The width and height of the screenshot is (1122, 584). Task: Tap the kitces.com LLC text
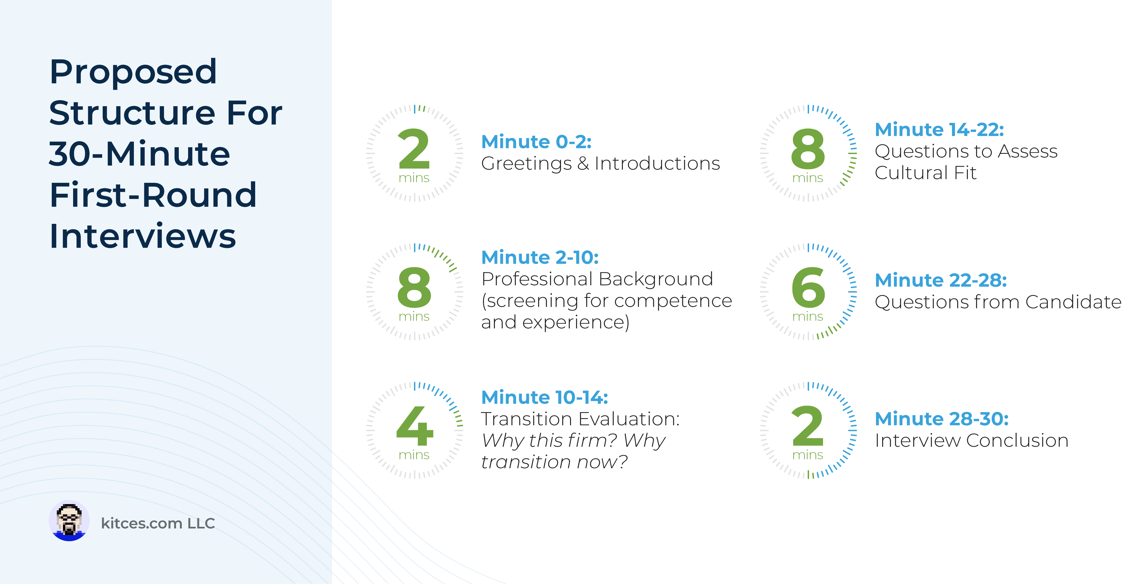click(158, 523)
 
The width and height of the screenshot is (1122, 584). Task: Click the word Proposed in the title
click(133, 72)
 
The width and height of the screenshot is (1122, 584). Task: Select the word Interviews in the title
click(142, 236)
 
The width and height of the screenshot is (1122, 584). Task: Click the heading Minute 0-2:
click(536, 142)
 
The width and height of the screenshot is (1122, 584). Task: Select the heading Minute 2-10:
click(540, 257)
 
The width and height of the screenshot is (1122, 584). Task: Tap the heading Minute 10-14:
click(545, 397)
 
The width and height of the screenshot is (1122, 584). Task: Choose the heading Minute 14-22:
click(939, 130)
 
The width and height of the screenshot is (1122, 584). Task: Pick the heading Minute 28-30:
click(941, 419)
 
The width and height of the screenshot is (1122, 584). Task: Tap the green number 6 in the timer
click(808, 287)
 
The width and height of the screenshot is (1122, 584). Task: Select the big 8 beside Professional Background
click(414, 287)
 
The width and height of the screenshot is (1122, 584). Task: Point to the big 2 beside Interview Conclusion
click(808, 426)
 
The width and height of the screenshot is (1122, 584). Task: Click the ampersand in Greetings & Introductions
click(583, 164)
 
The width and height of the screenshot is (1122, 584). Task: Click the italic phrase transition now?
click(554, 462)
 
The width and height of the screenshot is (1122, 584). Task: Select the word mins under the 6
click(807, 317)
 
